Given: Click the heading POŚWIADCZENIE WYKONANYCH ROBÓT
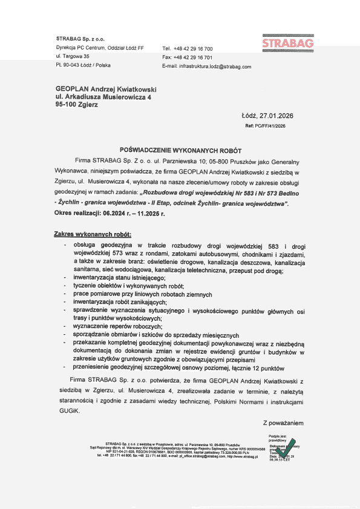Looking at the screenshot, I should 180,148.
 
